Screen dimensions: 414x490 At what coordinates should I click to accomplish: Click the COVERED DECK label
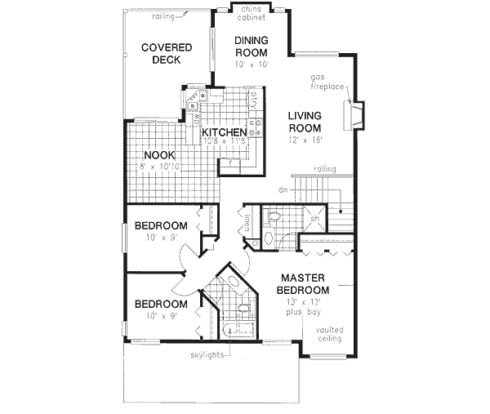166,54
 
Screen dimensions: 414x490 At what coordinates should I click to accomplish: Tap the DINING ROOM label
252,47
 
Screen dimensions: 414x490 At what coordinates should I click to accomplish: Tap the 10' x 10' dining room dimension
252,64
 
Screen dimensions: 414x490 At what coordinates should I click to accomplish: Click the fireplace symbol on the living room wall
356,115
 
